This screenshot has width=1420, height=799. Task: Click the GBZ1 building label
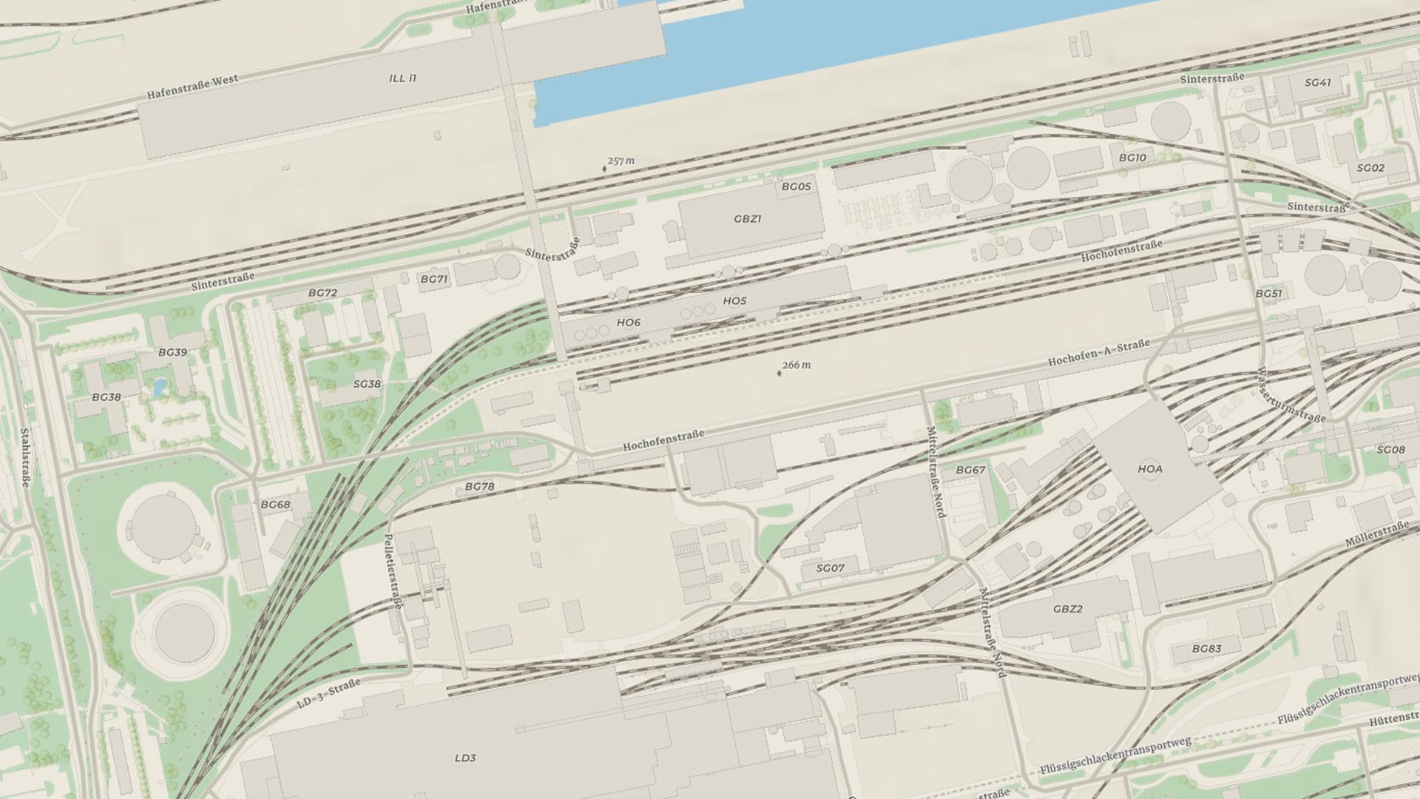click(x=747, y=219)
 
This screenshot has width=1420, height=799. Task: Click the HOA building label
click(x=1150, y=469)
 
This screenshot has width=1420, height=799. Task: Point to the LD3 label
click(x=465, y=758)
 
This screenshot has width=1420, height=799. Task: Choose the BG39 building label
click(x=172, y=352)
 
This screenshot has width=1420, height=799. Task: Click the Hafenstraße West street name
click(x=192, y=87)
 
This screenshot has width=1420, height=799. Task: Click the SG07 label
click(x=830, y=568)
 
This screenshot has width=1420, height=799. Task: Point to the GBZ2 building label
click(x=1067, y=609)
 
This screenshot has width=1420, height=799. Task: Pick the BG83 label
click(x=1206, y=649)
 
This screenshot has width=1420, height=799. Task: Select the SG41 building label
click(x=1317, y=83)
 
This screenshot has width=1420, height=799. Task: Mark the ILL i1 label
click(x=402, y=78)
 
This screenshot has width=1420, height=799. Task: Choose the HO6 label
click(x=628, y=323)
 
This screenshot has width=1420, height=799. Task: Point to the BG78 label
click(x=479, y=486)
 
